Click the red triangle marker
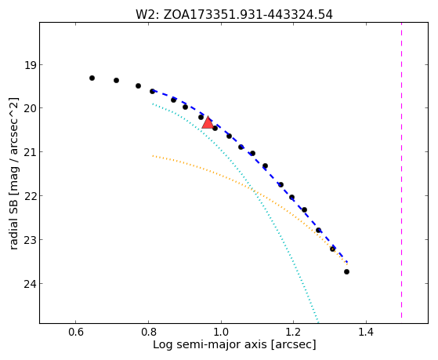coord(208,123)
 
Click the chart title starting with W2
coord(234,15)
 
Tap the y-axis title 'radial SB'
coord(13,173)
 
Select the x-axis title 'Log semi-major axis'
coord(234,344)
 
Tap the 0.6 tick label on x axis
coord(76,332)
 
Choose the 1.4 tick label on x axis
coord(366,332)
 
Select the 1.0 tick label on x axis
coord(221,332)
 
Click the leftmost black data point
coord(92,78)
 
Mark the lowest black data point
coord(346,271)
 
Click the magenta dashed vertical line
coord(401,170)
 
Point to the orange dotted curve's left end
coord(153,156)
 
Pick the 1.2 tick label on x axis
coord(293,332)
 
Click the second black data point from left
coord(116,80)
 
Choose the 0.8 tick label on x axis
coord(149,332)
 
